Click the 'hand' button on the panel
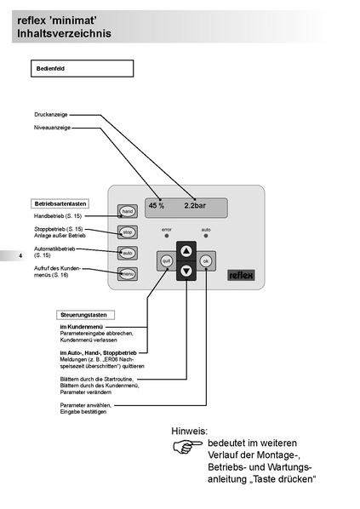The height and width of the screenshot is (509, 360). pos(127,210)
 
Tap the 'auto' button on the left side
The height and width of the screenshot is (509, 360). pos(127,253)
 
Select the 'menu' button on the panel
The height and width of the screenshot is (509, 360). pos(127,274)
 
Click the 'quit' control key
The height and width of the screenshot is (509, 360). pos(167,261)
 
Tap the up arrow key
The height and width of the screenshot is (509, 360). pos(186,251)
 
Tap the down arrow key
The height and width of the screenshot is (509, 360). pos(186,271)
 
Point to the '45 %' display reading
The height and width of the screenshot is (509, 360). pos(157,206)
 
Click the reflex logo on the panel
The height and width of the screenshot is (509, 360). pos(241,274)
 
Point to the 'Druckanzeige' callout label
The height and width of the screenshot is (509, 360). pos(51,113)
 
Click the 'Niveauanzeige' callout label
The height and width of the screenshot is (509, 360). pos(52,128)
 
